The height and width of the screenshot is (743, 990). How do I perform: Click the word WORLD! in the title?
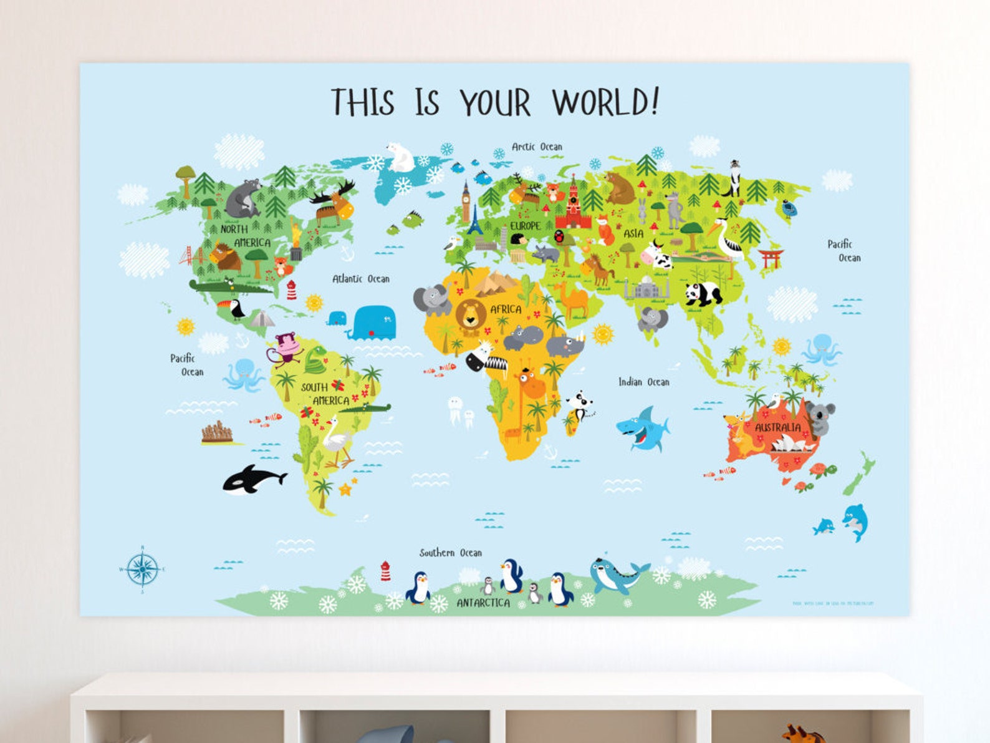tap(605, 102)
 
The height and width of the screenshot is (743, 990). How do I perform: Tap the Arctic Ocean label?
tap(537, 147)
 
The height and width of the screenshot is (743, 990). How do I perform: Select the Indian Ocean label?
tap(643, 382)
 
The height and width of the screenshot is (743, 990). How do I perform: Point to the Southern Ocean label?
tap(450, 553)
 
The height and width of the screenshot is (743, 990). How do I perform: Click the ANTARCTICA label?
tap(483, 603)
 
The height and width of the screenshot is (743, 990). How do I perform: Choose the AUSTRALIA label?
tap(777, 427)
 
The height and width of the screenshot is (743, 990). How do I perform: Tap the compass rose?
tap(142, 568)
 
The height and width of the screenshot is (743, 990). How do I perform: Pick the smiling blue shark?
tap(643, 429)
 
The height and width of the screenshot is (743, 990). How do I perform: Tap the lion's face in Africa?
tap(470, 314)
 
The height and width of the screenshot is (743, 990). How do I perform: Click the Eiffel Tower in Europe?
tap(475, 221)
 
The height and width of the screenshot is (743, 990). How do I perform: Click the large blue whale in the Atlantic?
tap(372, 323)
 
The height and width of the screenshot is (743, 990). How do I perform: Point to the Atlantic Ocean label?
tap(360, 279)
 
